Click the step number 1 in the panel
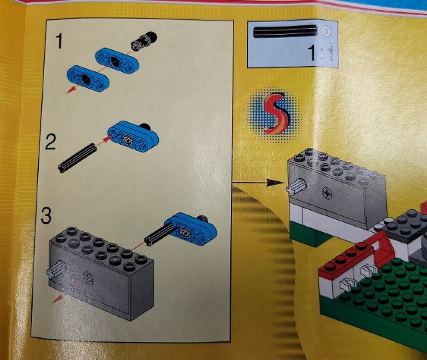pos(59,41)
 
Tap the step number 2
pos(51,142)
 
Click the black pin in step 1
pos(144,40)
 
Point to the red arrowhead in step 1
pos(71,89)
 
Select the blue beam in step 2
pos(133,136)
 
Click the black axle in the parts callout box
pos(285,31)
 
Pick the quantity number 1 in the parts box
pos(312,53)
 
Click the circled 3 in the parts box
pos(327,32)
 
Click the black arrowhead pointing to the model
pos(275,183)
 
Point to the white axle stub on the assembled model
pos(296,187)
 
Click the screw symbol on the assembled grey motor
pos(327,193)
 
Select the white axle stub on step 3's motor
pos(56,269)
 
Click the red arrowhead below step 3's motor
pos(58,299)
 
